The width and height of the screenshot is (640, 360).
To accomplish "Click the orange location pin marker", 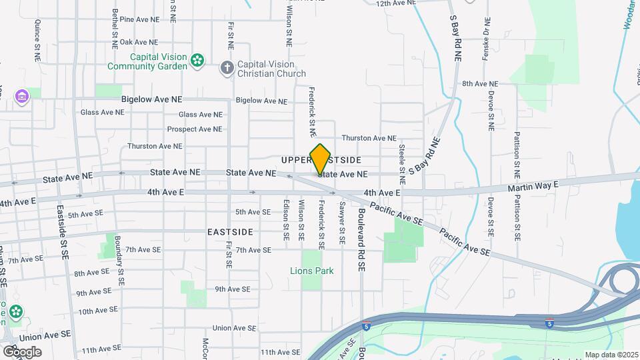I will (320, 159).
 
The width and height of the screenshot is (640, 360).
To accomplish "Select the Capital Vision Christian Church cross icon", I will (227, 67).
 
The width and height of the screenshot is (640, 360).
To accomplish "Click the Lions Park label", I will (311, 271).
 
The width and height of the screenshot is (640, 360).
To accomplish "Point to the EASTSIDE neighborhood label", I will (230, 232).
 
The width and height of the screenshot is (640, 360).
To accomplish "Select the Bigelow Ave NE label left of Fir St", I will (151, 99).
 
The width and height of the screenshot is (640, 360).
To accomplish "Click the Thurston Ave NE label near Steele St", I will (369, 138).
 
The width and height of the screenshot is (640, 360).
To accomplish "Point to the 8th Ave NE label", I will (480, 84).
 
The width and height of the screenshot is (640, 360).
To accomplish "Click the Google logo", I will (21, 351).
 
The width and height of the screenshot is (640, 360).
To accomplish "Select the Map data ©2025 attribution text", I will (612, 355).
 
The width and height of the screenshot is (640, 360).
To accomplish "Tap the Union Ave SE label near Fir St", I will (233, 328).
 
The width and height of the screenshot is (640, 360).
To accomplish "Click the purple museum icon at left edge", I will (22, 97).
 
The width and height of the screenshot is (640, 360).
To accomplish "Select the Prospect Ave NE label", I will (195, 129).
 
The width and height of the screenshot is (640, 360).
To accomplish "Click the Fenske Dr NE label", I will (486, 37).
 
